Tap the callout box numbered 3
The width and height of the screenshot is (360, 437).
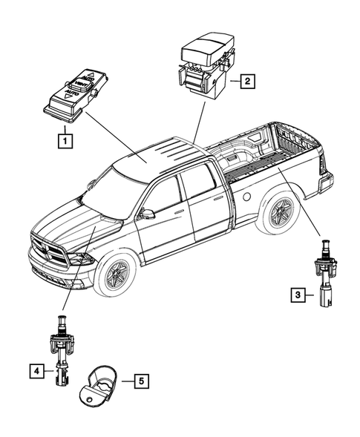point(298,296)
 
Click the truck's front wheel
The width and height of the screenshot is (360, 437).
point(117,275)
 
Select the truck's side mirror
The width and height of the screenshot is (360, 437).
point(147,214)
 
